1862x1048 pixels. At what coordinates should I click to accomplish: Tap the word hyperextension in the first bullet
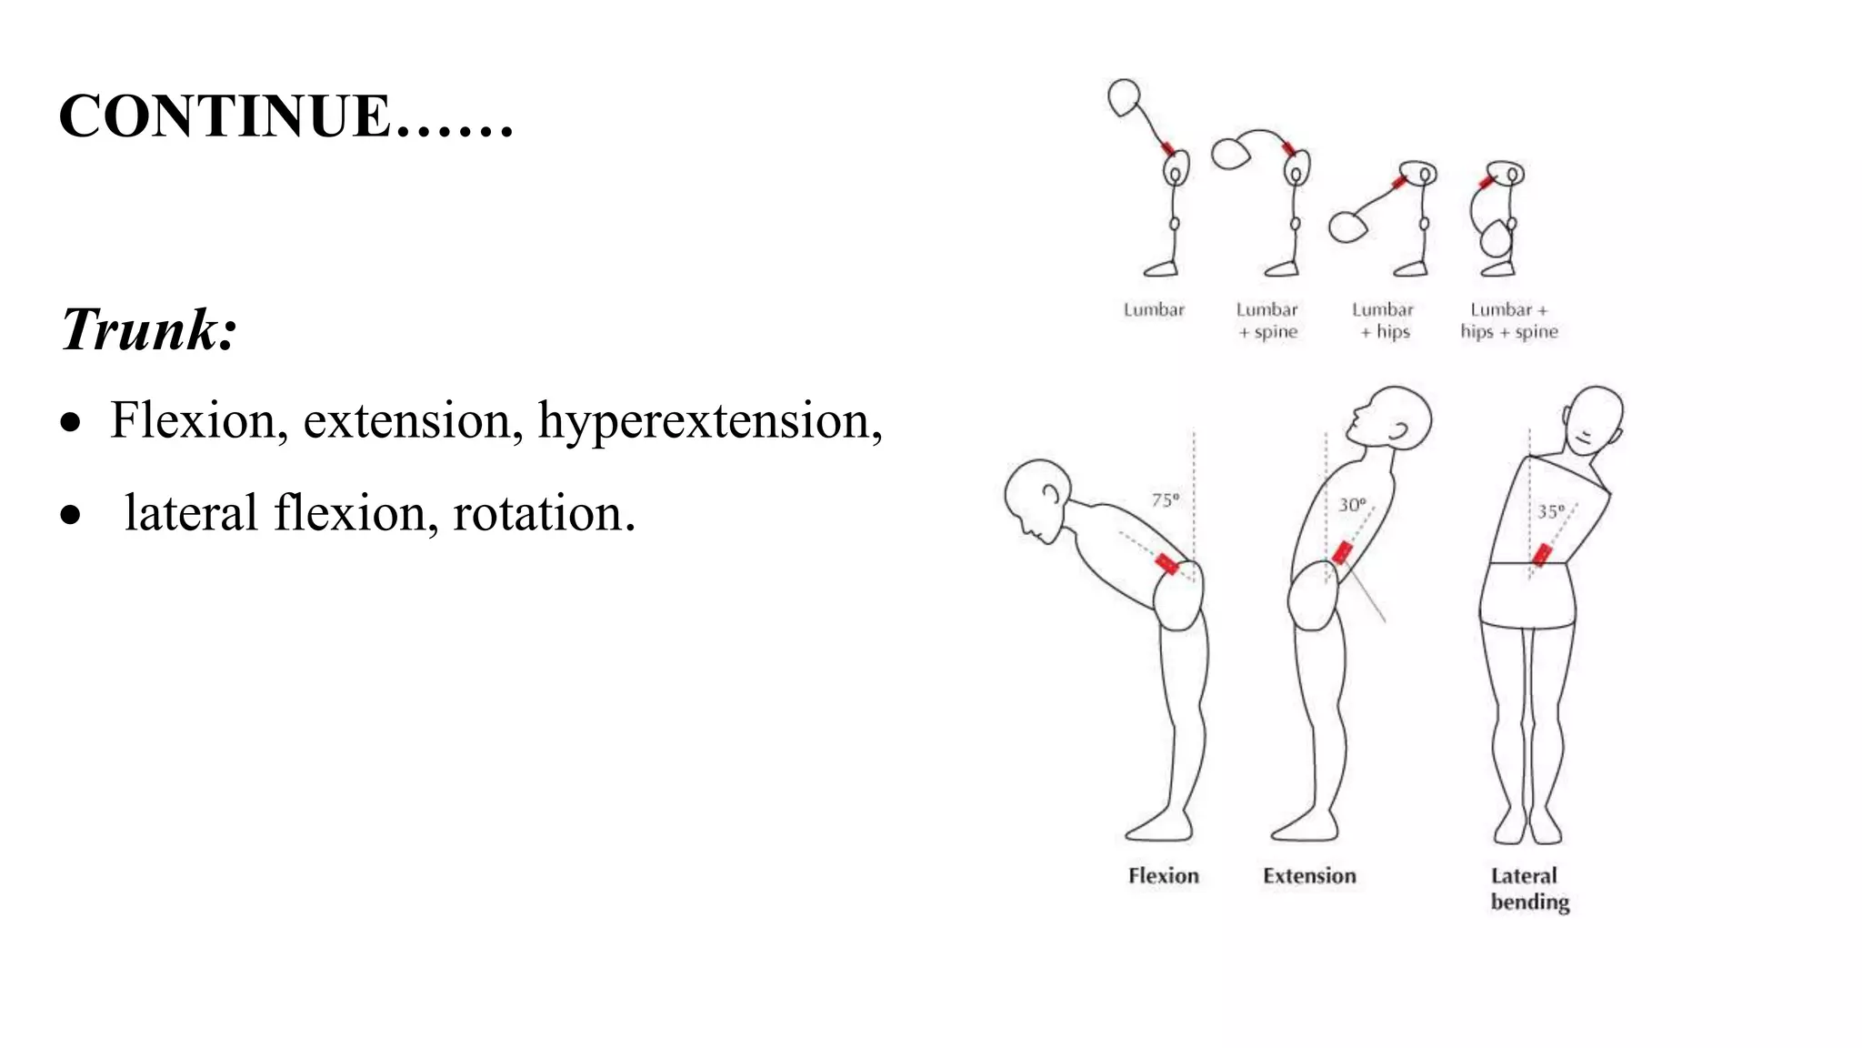(709, 421)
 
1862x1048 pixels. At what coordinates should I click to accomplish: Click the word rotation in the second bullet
(544, 514)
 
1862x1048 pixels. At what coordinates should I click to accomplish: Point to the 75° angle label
(1165, 499)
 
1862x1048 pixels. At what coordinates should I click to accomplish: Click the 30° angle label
(1352, 504)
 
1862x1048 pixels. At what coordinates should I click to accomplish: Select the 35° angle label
(1551, 511)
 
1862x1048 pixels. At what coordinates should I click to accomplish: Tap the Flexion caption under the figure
(1163, 875)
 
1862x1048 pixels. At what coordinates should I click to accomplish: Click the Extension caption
(1309, 875)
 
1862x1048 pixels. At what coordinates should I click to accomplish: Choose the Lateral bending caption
(1529, 888)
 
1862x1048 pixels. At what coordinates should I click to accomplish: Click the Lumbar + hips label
(1384, 321)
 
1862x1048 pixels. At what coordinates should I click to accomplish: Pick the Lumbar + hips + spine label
(1509, 321)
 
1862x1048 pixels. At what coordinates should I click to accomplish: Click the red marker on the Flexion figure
(1166, 563)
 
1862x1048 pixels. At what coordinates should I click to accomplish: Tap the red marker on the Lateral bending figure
(1542, 554)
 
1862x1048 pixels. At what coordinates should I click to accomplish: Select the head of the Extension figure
(1396, 417)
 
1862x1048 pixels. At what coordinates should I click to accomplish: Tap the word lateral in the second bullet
(191, 514)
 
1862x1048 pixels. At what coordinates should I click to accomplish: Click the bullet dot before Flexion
(71, 423)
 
